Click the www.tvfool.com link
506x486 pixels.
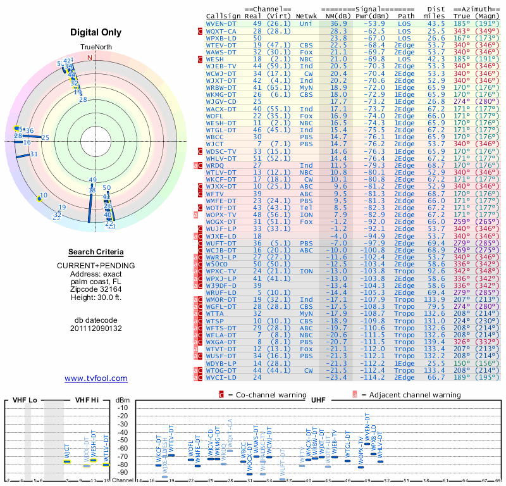pos(96,378)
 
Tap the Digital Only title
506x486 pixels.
pos(96,32)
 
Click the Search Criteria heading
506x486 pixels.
pos(96,252)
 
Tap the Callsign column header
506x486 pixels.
pos(223,15)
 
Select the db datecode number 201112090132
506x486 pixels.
pos(96,328)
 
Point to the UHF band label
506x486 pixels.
pos(319,400)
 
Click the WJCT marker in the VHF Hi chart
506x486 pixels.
pos(67,461)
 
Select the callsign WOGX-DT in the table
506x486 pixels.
pos(221,221)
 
